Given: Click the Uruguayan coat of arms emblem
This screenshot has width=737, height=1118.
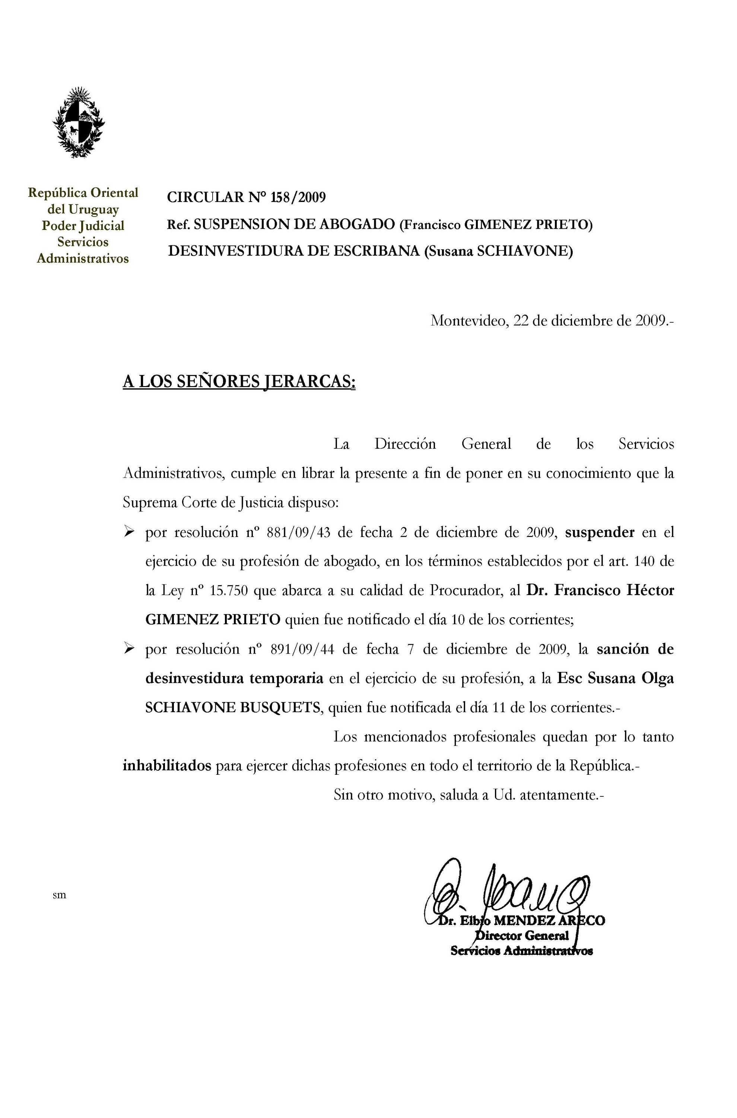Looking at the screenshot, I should (x=79, y=123).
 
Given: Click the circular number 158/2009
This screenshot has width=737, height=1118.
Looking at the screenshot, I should (x=298, y=197).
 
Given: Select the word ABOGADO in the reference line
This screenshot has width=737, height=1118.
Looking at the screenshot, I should (x=357, y=224).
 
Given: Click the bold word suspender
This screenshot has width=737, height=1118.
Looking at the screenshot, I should (x=599, y=533).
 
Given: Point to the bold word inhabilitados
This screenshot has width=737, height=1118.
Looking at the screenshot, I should (x=167, y=766).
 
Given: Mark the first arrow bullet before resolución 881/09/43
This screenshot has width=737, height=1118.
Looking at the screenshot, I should (x=129, y=533).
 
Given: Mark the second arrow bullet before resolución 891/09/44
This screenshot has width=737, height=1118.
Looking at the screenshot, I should (x=129, y=649).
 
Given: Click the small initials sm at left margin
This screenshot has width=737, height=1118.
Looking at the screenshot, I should (x=59, y=895).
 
